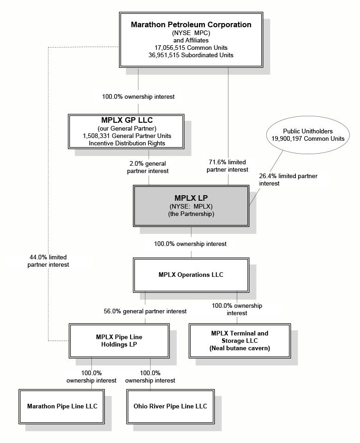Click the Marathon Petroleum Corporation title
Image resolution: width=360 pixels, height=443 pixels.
point(191,25)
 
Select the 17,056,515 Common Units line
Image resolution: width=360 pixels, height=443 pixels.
point(191,48)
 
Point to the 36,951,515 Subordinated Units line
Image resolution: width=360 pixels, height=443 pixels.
point(191,55)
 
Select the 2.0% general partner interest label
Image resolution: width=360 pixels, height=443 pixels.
point(148,167)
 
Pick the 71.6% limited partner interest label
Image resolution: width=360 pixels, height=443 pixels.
point(228,166)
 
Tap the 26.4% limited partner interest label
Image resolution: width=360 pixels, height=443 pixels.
point(288,180)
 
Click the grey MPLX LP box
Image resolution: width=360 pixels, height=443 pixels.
point(192,205)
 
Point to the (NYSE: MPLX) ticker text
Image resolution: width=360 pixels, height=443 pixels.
point(192,206)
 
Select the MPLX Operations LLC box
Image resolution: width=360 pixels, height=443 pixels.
point(191,275)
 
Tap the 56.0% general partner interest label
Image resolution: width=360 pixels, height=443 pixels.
point(145,311)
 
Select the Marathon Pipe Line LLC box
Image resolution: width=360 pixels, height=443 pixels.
point(61,406)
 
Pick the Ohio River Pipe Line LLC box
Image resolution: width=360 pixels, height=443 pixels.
point(170,406)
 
